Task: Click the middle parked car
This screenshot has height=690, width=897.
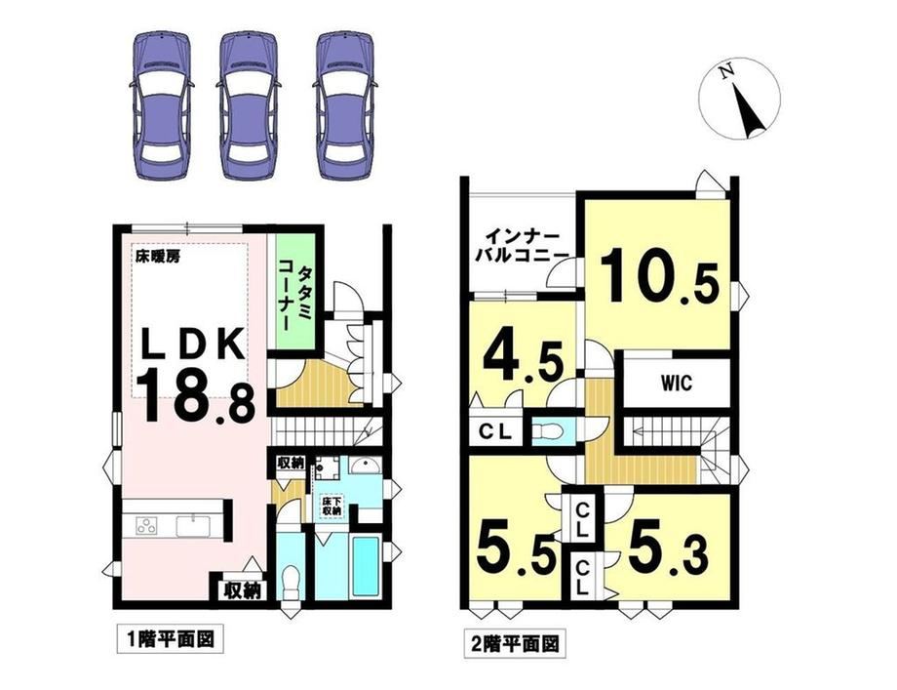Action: pyautogui.click(x=249, y=105)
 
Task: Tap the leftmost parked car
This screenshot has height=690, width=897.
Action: pyautogui.click(x=162, y=105)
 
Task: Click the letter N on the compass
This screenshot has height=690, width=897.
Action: pyautogui.click(x=726, y=73)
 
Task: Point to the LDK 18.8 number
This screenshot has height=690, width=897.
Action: pyautogui.click(x=196, y=394)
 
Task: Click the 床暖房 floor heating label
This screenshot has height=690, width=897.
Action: pyautogui.click(x=157, y=257)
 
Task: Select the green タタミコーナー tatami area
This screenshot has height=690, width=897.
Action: pyautogui.click(x=295, y=292)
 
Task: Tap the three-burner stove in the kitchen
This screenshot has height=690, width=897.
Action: pyautogui.click(x=147, y=526)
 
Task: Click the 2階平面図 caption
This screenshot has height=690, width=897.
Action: pyautogui.click(x=515, y=643)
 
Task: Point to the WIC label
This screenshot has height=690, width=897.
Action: pyautogui.click(x=677, y=383)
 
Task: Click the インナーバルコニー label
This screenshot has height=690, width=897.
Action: pyautogui.click(x=522, y=246)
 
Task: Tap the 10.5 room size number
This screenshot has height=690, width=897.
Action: pyautogui.click(x=658, y=276)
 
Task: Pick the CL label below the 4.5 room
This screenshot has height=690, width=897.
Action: pyautogui.click(x=495, y=431)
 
